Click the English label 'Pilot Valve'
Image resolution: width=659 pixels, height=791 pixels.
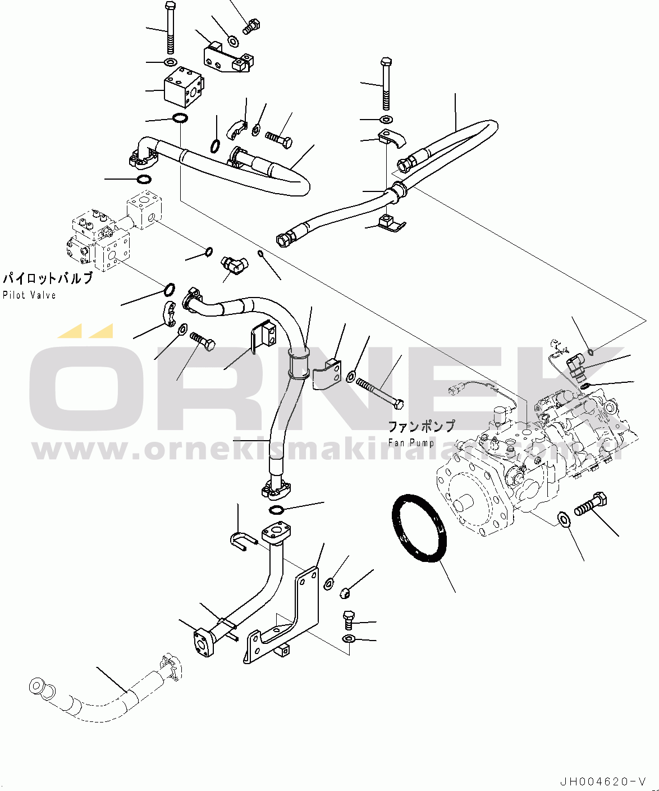click(x=29, y=295)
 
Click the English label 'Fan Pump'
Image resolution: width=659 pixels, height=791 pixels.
click(x=411, y=443)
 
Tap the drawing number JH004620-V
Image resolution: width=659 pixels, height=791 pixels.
click(x=602, y=781)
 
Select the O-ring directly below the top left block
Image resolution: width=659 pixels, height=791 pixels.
click(x=180, y=118)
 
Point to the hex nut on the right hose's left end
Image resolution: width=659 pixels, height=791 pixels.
click(x=283, y=240)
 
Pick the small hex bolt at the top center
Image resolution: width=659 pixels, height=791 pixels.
click(x=251, y=26)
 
